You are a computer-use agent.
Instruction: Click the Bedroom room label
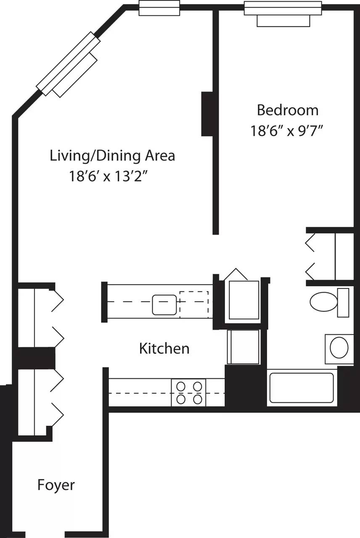point(287,110)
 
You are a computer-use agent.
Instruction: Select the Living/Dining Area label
point(112,156)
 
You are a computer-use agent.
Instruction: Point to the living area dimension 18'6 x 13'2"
point(110,176)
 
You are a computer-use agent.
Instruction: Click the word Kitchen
point(164,348)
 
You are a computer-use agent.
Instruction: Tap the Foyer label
point(56,485)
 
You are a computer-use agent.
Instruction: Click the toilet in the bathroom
point(328,302)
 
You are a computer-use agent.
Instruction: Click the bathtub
point(302,388)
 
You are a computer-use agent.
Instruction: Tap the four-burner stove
point(188,392)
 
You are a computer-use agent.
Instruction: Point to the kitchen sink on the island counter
point(164,305)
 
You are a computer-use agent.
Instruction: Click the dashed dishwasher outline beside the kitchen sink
point(194,304)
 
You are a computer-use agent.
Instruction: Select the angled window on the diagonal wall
point(69,64)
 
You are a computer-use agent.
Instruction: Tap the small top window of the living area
point(159,8)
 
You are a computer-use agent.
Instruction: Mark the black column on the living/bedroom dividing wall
point(207,114)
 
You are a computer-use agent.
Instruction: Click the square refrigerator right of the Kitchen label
point(243,347)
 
